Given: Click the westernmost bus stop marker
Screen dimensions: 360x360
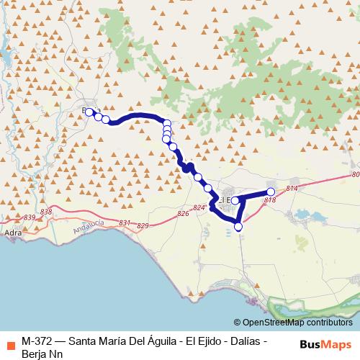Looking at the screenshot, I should [89, 112].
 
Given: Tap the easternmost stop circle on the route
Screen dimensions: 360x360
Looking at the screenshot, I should [271, 192].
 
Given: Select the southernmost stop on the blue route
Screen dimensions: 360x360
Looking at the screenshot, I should [238, 227].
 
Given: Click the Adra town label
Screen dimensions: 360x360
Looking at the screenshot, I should [12, 234].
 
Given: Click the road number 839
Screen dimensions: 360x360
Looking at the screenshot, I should [30, 217].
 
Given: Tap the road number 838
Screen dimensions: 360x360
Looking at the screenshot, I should [48, 211].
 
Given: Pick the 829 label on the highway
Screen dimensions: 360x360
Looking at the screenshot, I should [143, 226].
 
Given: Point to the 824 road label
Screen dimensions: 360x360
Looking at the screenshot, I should [199, 208].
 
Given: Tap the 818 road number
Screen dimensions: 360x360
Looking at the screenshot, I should [270, 199].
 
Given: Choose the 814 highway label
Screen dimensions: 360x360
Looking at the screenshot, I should [291, 189].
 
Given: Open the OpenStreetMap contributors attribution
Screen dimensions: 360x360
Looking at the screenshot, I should [297, 322].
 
